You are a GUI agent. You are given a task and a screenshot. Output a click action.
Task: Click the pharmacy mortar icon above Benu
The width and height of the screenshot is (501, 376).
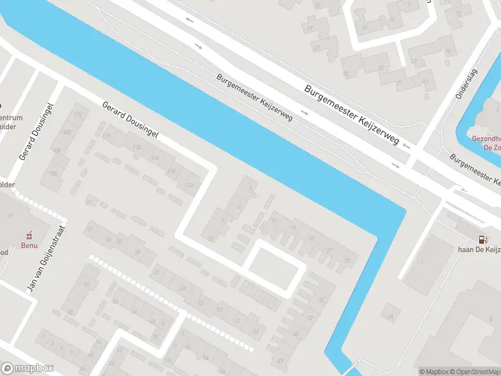click(27, 235)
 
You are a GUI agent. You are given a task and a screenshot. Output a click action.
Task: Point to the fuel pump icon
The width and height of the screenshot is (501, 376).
click(482, 239)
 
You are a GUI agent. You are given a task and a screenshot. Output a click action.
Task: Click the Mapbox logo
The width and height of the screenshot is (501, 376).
click(28, 368)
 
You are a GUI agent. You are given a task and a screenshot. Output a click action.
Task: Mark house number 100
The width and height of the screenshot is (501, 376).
click(54, 173)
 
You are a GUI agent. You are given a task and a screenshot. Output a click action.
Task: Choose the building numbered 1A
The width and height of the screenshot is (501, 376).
click(390, 318)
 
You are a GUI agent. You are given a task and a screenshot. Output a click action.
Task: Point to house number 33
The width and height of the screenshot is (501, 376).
click(110, 240)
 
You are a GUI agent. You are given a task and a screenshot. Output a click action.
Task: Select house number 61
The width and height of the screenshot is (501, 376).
click(238, 321)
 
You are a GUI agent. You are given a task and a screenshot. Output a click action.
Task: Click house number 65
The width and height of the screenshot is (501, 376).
click(255, 330)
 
